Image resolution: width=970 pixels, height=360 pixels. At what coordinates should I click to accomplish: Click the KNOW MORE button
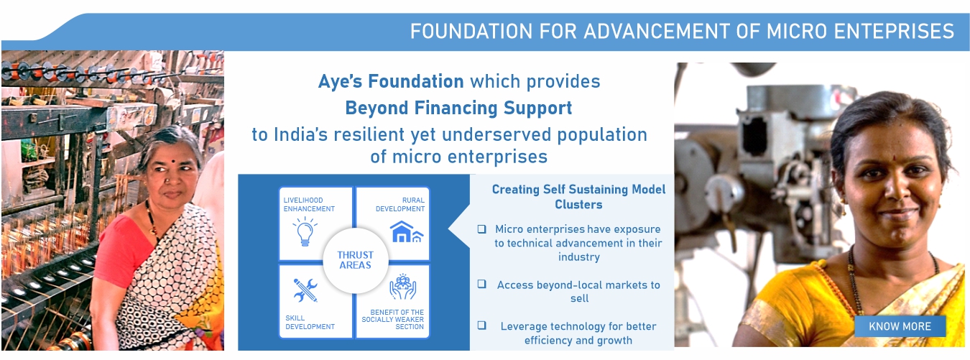click(900, 326)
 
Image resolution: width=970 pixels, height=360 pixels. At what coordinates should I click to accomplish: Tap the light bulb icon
click(305, 231)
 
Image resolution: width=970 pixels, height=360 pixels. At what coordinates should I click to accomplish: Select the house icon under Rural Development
click(406, 232)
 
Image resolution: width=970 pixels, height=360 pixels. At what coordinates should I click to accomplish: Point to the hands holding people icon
click(402, 287)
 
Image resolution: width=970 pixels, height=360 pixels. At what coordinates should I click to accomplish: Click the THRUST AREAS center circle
click(356, 260)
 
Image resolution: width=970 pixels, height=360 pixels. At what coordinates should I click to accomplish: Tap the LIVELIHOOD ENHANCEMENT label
click(309, 205)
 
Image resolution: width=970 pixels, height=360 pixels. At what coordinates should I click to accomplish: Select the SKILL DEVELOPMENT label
click(310, 323)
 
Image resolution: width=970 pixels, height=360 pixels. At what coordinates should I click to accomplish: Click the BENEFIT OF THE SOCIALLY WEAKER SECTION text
click(393, 319)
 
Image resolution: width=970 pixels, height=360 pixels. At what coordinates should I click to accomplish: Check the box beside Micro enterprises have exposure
click(481, 229)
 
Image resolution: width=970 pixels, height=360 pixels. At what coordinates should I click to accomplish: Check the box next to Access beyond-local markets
click(481, 284)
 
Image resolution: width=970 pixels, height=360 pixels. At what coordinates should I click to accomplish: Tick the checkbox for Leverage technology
click(481, 325)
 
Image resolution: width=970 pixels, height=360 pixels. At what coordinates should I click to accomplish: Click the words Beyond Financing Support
click(458, 108)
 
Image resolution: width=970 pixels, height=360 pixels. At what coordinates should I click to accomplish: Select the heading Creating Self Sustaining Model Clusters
click(578, 197)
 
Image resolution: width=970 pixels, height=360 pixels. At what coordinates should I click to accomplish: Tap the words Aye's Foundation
click(391, 81)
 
